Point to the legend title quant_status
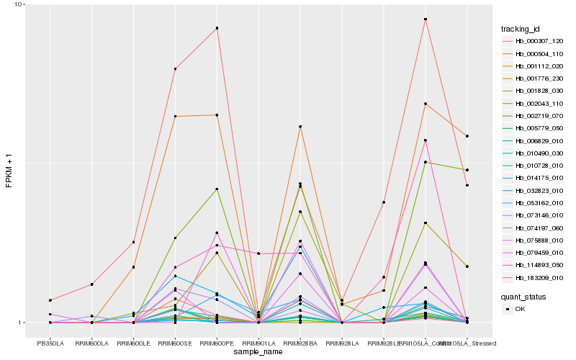(524, 296)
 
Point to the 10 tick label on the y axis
(18, 5)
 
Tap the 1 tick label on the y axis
(20, 323)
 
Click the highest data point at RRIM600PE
(217, 28)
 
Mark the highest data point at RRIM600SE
(175, 68)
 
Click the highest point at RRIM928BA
(300, 127)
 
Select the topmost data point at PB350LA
(50, 300)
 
